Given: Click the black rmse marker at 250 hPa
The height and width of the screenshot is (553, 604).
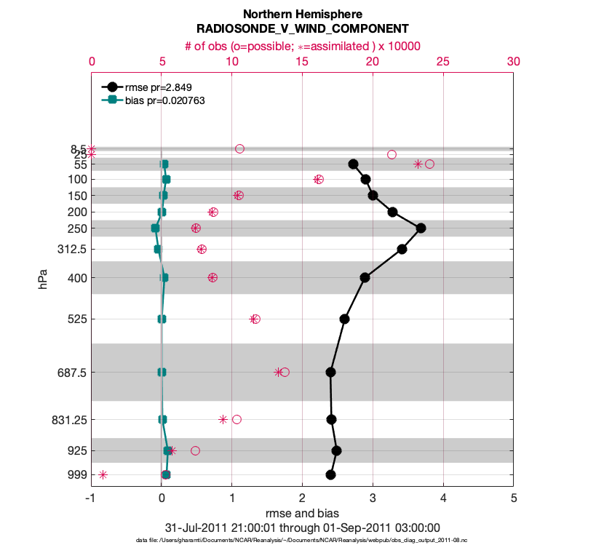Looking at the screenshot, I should coord(421,228).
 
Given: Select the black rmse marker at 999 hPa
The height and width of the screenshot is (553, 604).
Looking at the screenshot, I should coord(330,474).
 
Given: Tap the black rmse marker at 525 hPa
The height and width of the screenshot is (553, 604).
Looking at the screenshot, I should coord(345,319).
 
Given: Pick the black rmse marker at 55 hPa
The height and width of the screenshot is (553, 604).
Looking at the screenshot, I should coord(353,164).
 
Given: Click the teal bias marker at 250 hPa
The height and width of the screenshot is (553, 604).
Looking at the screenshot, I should coord(155,228).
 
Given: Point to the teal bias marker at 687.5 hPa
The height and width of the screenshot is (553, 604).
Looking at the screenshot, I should coord(162,372).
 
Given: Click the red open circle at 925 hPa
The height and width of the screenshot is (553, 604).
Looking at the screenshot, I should coord(195,450).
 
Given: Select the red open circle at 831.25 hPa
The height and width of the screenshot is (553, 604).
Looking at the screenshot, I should coord(237,419).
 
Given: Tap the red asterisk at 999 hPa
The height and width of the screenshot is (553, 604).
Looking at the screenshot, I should coord(103,474).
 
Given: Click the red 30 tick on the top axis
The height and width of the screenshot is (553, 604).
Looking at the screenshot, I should coord(513,63).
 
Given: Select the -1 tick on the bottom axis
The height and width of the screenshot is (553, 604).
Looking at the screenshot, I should coord(91,498).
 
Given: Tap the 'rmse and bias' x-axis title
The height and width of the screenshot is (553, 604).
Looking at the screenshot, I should coord(302,513).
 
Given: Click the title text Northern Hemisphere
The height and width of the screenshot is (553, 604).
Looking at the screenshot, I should coord(302,14).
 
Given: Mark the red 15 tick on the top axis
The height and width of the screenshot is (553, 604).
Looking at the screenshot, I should coord(302,63).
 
